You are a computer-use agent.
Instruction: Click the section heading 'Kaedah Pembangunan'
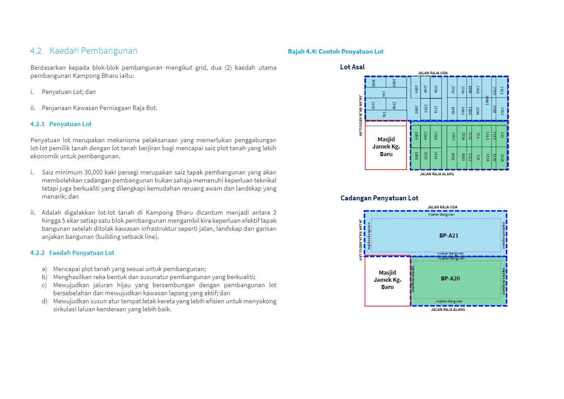93,51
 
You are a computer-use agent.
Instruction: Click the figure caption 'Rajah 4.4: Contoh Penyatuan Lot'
336,51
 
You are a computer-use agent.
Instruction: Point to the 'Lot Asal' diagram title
352,67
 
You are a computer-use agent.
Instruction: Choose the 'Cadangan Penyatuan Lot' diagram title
379,198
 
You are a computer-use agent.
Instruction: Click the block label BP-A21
449,235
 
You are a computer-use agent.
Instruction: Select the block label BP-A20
450,279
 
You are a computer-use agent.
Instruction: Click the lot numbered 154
383,93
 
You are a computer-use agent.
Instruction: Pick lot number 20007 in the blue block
487,99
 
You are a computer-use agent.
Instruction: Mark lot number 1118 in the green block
502,157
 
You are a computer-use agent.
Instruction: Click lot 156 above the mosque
383,115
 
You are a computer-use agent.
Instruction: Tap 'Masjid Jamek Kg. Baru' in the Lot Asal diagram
386,147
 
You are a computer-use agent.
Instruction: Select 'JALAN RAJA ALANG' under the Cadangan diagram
448,310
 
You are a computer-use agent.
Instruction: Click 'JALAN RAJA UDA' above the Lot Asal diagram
433,73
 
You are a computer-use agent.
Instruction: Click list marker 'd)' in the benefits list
44,301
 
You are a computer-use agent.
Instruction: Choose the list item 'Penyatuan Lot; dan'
69,92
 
